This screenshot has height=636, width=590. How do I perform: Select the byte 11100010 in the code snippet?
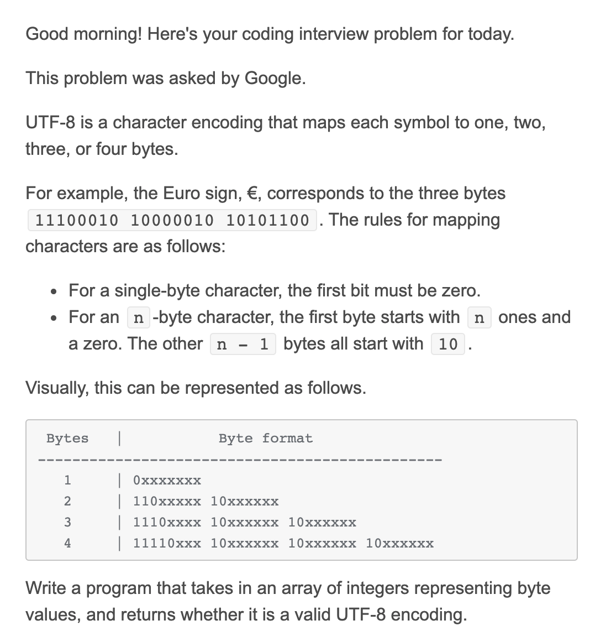coord(76,220)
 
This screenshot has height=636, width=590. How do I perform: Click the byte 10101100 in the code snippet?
coord(268,220)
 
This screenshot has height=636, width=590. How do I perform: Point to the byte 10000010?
coord(172,220)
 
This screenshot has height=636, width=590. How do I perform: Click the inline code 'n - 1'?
coord(243,344)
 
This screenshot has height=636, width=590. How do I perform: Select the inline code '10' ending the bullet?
coord(447,344)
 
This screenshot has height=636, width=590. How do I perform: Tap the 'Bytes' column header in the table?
coord(67,439)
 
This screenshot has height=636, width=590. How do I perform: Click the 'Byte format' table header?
coord(265,439)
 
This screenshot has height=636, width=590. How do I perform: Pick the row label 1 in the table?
coord(67,480)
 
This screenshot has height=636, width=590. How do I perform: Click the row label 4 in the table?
coord(67,543)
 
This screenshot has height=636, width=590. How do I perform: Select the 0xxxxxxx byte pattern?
coord(167,480)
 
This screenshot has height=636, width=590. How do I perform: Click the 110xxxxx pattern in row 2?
coord(167,502)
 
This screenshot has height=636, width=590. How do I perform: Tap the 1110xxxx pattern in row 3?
coord(167,523)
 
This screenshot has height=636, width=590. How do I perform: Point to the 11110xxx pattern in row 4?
coord(167,543)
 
